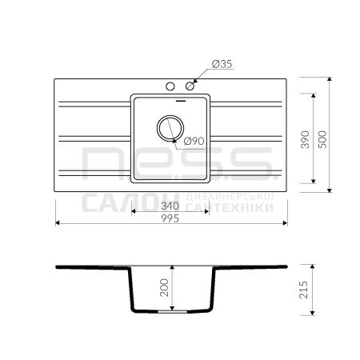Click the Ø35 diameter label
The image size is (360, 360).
click(222, 64)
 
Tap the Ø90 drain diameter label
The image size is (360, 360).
click(194, 141)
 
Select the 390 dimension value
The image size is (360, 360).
click(305, 139)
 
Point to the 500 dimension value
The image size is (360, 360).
click(322, 139)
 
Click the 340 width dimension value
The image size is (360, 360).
click(170, 206)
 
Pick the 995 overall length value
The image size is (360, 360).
click(170, 218)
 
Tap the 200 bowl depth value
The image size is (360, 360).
click(164, 287)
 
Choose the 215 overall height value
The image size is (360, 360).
click(304, 290)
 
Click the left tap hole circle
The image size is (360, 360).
click(170, 86)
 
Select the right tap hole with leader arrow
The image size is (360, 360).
click(190, 86)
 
